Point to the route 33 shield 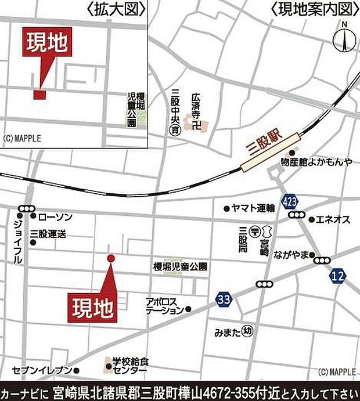(223, 299)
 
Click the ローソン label (55, 217)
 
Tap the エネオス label (333, 219)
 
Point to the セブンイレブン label (42, 370)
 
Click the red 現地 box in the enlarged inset (46, 44)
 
